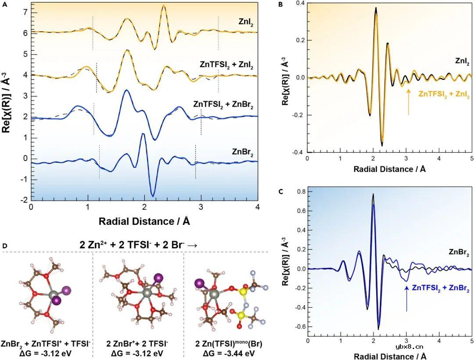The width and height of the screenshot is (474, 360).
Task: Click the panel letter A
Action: point(4,5)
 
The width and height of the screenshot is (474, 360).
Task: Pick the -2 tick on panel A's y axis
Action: point(23,200)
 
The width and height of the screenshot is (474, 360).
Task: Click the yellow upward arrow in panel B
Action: point(409,101)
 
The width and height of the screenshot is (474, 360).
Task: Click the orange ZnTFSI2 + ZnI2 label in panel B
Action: point(444,94)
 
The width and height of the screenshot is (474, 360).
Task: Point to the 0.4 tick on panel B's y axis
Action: point(300,3)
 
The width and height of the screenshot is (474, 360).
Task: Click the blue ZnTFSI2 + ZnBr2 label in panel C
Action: point(441,288)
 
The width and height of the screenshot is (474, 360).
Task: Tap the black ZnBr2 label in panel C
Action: point(460,252)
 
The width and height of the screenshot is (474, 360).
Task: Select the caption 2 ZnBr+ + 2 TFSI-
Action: point(139,342)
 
